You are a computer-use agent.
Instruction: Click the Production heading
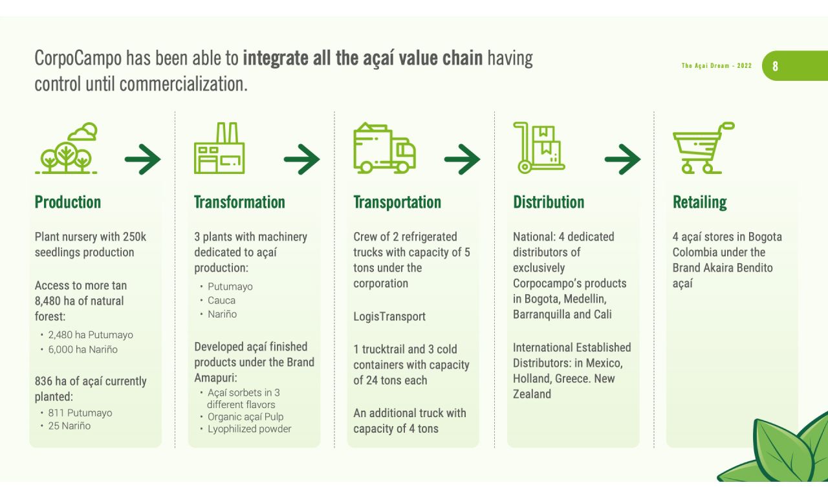pos(68,202)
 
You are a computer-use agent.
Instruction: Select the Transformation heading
pos(239,202)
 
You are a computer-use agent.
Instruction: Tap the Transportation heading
pos(397,202)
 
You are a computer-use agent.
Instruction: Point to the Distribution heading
pos(549,202)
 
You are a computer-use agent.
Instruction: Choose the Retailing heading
pos(700,202)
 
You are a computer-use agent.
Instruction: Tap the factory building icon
pos(219,149)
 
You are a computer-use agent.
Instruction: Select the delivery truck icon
pos(384,149)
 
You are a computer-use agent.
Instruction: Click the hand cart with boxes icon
pos(539,148)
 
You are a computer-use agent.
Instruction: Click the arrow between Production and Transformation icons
pos(143,159)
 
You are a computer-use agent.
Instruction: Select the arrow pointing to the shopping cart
pos(622,159)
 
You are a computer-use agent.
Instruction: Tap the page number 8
pos(776,66)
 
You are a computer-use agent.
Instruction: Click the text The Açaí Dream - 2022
pos(717,66)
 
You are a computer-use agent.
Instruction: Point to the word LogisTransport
pos(389,316)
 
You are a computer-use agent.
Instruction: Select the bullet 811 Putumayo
pos(80,413)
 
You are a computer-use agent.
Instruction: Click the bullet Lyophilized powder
pos(250,429)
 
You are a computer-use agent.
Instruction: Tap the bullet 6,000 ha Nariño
pos(83,349)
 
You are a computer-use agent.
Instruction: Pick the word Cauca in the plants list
pos(222,300)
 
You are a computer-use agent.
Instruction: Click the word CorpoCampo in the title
pos(78,59)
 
